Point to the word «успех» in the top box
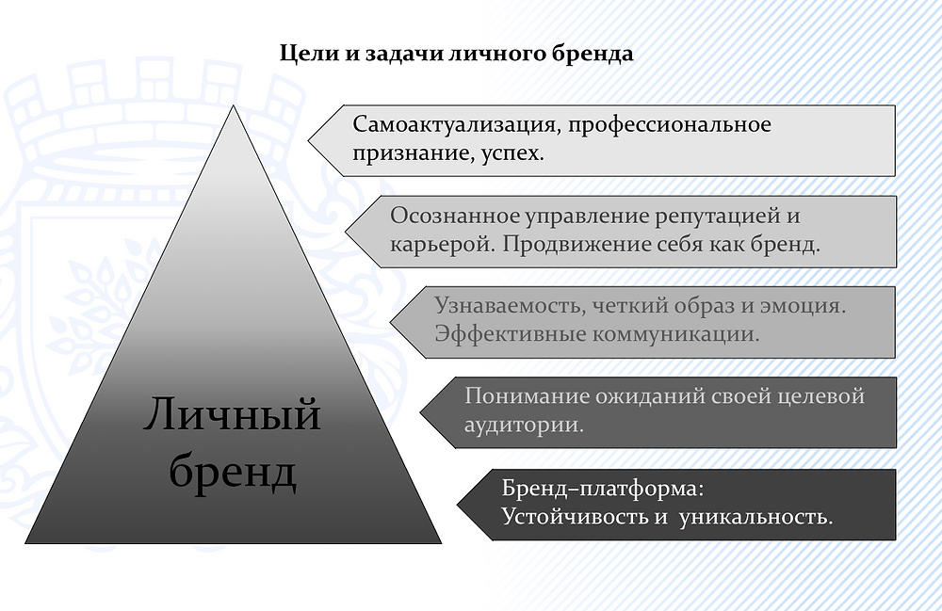pos(510,153)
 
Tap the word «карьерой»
pos(443,245)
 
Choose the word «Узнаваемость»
pos(510,305)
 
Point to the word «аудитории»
pos(523,425)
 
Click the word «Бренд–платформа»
pos(602,489)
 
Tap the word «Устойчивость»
pos(575,517)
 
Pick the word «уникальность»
pos(755,517)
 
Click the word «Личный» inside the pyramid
pos(232,415)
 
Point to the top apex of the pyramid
pos(233,105)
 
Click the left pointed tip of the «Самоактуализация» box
pos(308,140)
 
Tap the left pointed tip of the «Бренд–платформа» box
pos(457,505)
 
